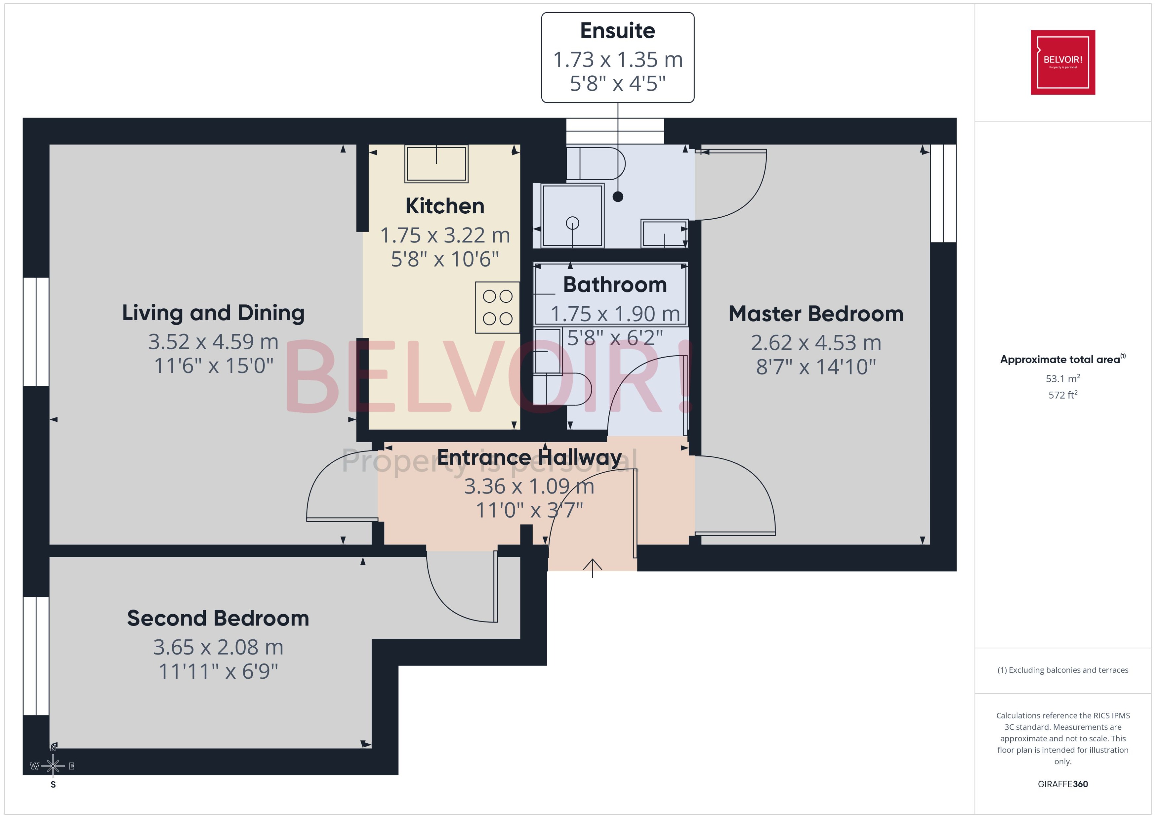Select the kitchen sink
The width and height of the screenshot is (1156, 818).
pos(436,164)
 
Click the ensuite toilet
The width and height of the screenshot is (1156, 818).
pos(597,164)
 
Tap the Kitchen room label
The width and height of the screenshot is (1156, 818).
pos(445,206)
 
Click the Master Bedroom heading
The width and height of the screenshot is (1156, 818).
pos(815,314)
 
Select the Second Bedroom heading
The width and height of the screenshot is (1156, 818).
pos(218,618)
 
